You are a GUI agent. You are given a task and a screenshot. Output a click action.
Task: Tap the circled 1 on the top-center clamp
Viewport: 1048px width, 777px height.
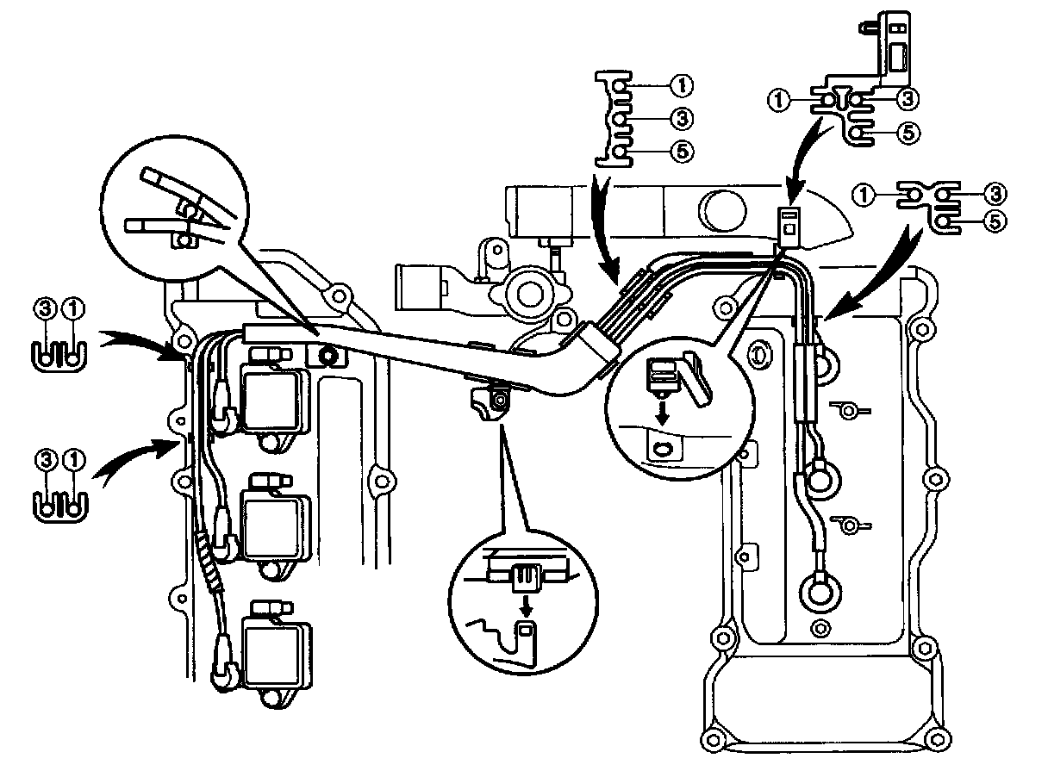(681, 85)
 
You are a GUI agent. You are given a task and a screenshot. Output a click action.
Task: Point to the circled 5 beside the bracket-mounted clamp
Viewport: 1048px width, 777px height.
(907, 132)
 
